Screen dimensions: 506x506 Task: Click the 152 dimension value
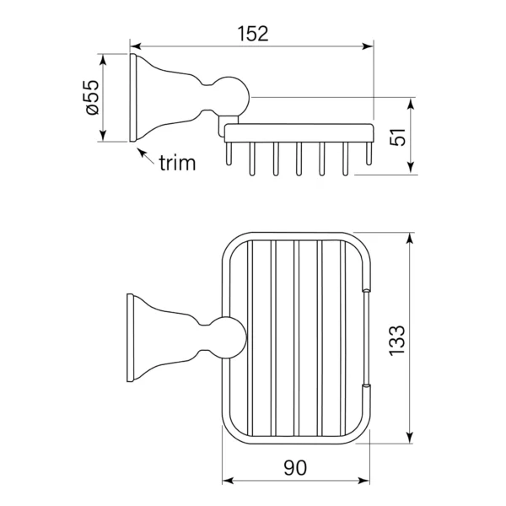(253, 34)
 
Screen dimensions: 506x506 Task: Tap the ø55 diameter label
(92, 97)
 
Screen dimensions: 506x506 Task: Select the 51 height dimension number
(397, 137)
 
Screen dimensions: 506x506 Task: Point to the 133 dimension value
(396, 341)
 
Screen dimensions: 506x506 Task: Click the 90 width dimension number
(295, 467)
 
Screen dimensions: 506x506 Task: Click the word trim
(177, 163)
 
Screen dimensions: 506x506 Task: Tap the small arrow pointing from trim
(146, 157)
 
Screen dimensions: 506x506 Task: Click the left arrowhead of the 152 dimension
(136, 46)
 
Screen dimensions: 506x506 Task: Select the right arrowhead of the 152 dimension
(368, 46)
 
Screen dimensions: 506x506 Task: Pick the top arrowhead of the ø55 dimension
(103, 60)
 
